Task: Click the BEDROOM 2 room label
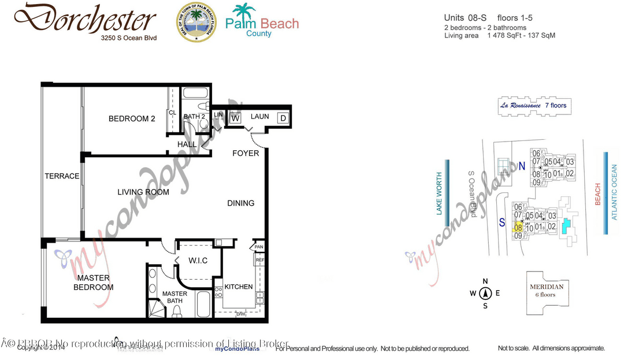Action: click(132, 119)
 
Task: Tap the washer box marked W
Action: click(235, 118)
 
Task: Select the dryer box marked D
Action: click(283, 118)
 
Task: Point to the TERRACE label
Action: click(62, 176)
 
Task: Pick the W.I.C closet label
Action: click(198, 261)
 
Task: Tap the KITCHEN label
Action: click(238, 287)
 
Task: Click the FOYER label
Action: click(246, 153)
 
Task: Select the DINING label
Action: click(240, 203)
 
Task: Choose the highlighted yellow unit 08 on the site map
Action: click(518, 228)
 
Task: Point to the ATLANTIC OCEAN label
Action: click(614, 192)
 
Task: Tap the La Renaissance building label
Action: click(533, 105)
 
